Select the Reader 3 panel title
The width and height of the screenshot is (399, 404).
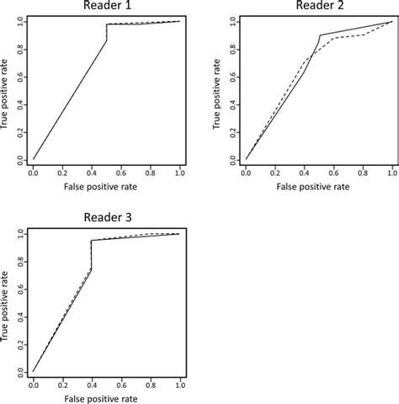(x=106, y=219)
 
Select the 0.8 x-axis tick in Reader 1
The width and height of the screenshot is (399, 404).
(x=151, y=174)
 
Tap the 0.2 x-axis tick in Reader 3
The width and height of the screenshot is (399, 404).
(x=62, y=384)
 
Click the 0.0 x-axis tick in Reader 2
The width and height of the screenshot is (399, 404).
(x=245, y=174)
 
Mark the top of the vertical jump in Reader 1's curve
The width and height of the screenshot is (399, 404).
(x=107, y=25)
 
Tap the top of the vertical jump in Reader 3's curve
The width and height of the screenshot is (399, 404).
(x=91, y=241)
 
